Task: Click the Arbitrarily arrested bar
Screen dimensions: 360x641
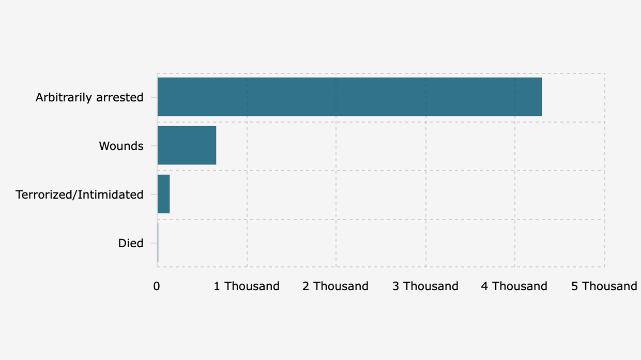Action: click(349, 97)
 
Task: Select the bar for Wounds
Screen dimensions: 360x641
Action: click(187, 145)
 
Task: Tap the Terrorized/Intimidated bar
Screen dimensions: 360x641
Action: click(163, 194)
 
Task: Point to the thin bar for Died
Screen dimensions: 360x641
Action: click(158, 243)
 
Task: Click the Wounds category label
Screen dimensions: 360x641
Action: click(121, 146)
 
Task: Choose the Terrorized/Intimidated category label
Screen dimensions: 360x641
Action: click(79, 194)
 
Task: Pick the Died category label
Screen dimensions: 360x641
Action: click(130, 243)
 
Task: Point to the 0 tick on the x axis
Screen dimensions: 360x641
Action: click(157, 286)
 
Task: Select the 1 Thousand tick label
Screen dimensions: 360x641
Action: click(247, 286)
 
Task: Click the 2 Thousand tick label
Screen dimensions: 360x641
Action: click(335, 286)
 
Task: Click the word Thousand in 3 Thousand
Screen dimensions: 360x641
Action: click(431, 286)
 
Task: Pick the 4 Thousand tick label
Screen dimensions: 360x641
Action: click(514, 286)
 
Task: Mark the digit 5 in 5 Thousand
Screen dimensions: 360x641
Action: click(575, 286)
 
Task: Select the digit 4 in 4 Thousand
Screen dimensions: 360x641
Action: click(485, 286)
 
